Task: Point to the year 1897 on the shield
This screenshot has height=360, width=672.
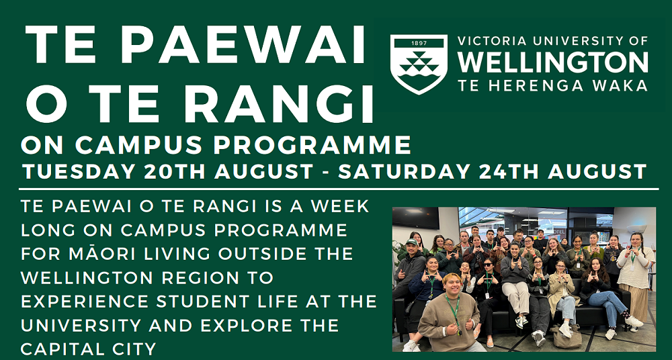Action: click(419, 43)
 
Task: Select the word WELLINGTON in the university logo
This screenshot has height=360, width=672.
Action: click(553, 62)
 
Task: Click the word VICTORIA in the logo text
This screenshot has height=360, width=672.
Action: click(488, 41)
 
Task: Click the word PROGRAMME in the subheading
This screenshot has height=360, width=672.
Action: click(312, 146)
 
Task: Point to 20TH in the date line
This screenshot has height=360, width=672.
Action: click(175, 172)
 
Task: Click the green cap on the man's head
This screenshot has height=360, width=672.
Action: click(412, 242)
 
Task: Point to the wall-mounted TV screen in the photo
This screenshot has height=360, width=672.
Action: click(415, 218)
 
